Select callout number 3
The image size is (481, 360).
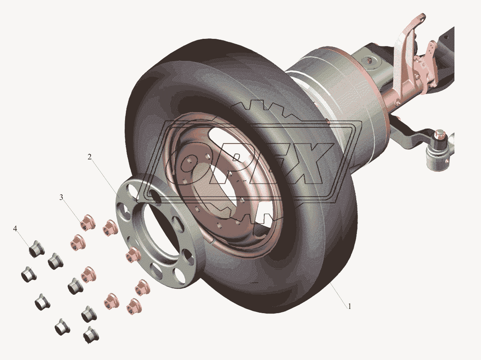point(61,197)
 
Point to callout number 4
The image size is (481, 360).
point(15,229)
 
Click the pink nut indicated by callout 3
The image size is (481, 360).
point(87,223)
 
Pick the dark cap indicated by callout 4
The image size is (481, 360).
point(35,249)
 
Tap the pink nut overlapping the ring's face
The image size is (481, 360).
point(131,255)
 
